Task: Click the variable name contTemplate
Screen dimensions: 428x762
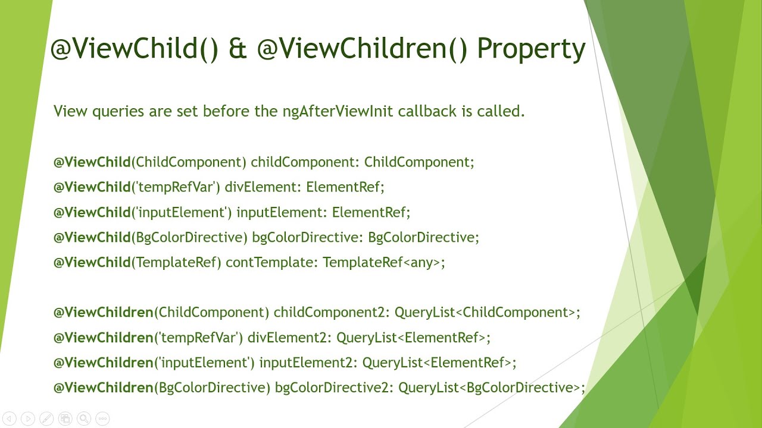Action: pyautogui.click(x=272, y=262)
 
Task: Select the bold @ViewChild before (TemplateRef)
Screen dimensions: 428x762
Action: pyautogui.click(x=92, y=262)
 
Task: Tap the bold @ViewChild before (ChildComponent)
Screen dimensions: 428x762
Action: pyautogui.click(x=92, y=162)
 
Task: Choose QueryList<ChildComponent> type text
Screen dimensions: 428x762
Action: pyautogui.click(x=486, y=312)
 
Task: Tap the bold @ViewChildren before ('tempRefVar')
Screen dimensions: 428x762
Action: pyautogui.click(x=104, y=338)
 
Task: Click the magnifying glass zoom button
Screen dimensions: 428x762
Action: pyautogui.click(x=84, y=418)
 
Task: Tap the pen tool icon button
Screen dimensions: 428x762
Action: pyautogui.click(x=46, y=418)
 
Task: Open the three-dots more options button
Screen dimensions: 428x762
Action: pyautogui.click(x=102, y=418)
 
